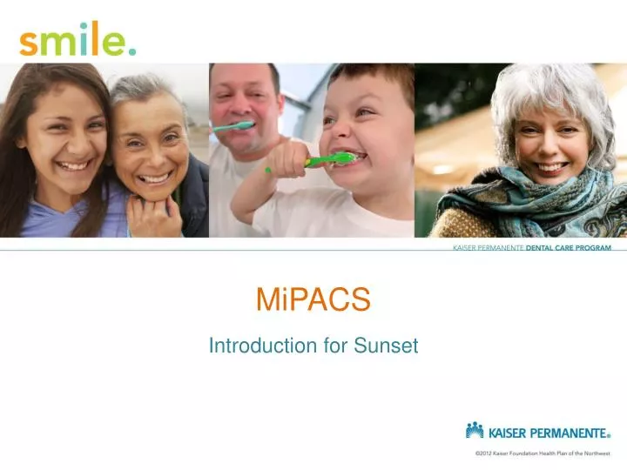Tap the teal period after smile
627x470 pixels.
[132, 51]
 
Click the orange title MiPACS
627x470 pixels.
[313, 300]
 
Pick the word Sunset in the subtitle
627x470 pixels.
[386, 346]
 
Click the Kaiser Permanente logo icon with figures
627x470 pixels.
[475, 429]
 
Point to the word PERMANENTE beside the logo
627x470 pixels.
[570, 431]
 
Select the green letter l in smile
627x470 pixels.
[96, 38]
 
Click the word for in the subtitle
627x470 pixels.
[336, 346]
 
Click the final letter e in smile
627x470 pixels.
[114, 44]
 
